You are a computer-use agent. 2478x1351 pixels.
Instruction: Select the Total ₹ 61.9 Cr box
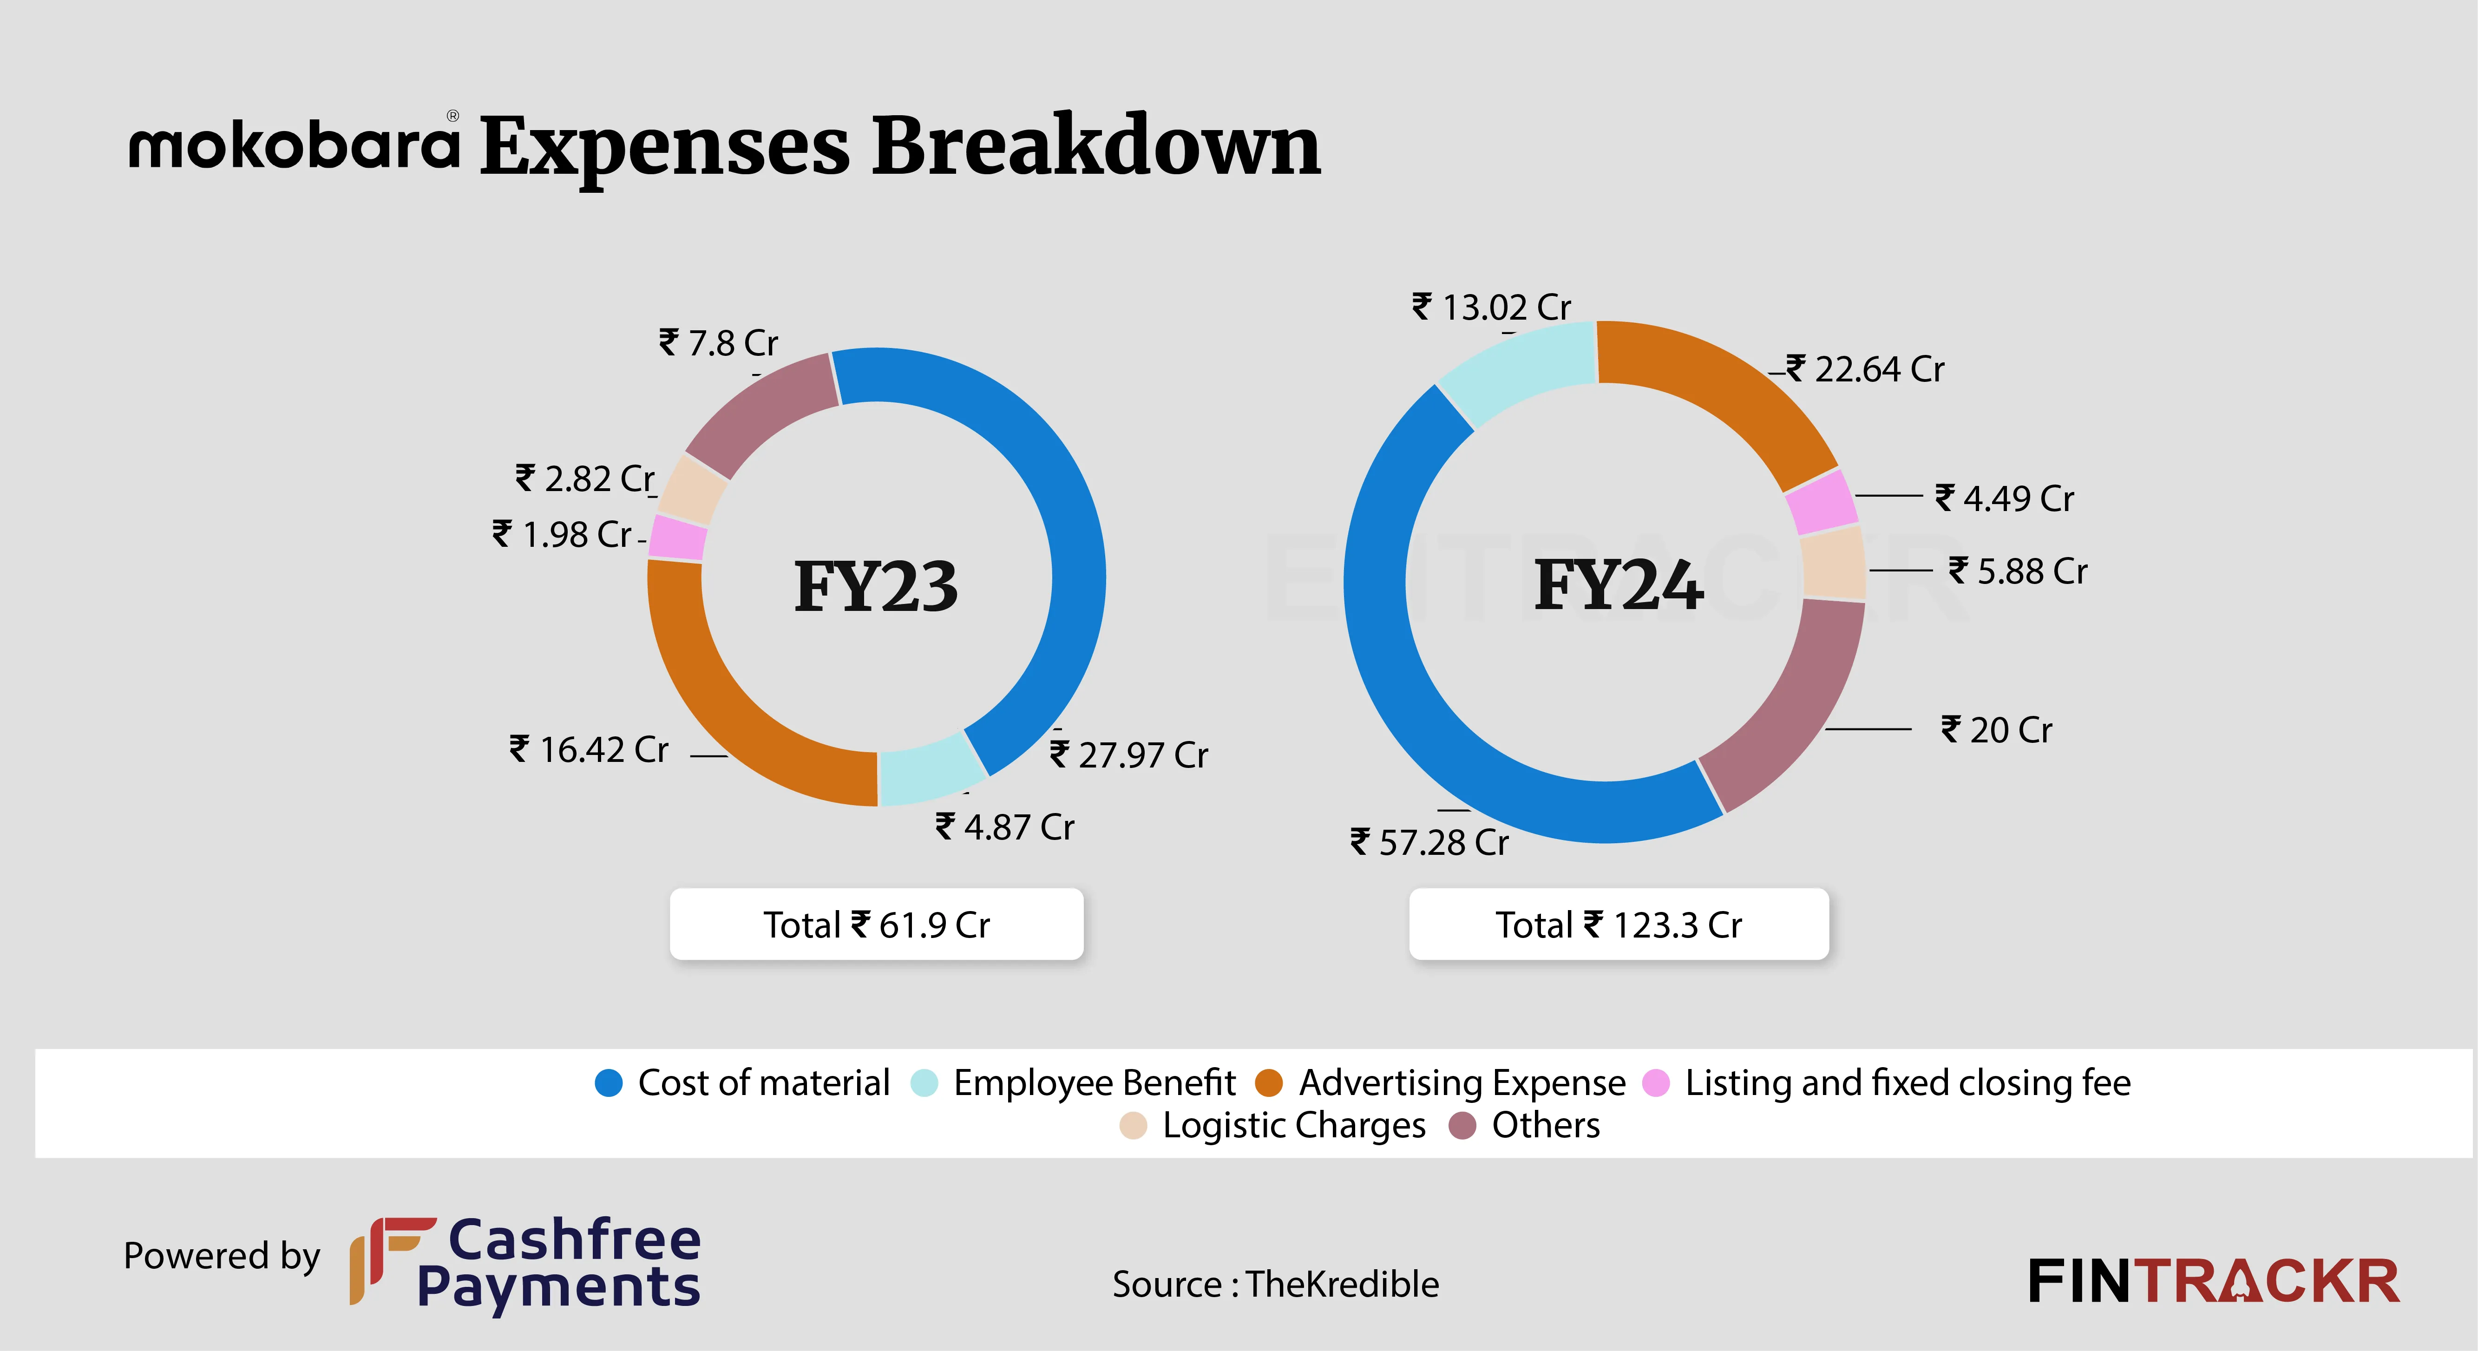click(x=876, y=924)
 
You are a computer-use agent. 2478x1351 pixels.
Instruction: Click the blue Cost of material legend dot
click(x=609, y=1082)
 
